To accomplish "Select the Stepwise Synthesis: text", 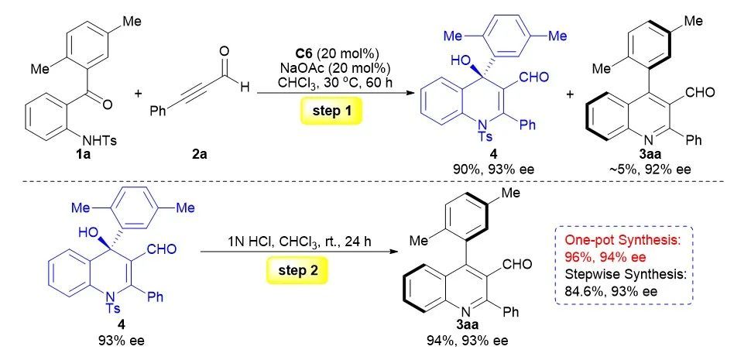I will (x=623, y=274).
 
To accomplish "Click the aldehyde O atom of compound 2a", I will (x=225, y=51).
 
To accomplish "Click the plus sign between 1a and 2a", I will (x=139, y=94).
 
